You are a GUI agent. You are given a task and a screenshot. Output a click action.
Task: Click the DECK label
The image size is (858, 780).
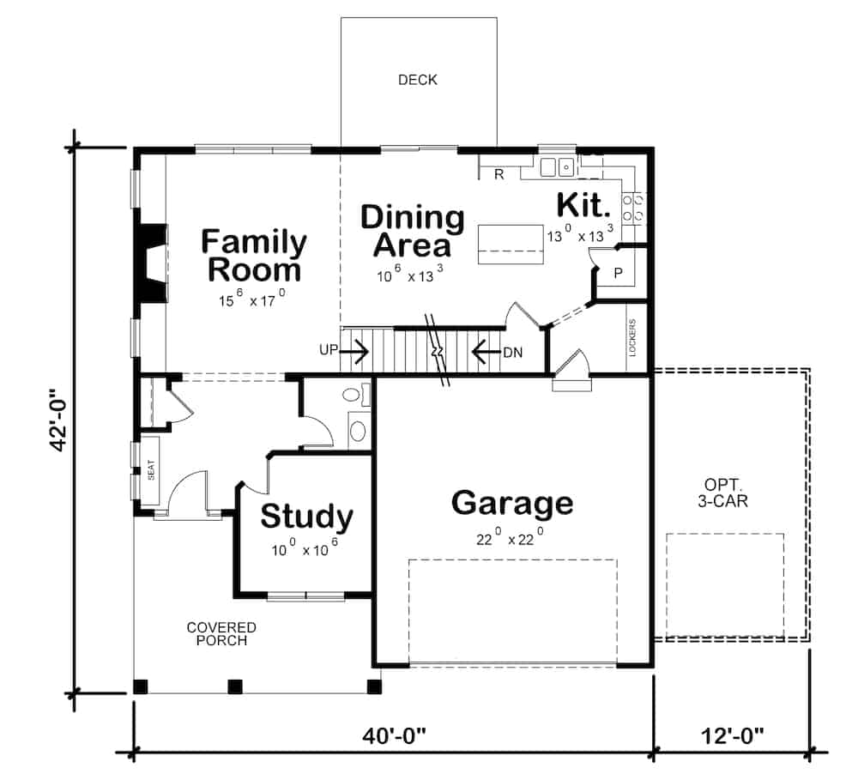418,80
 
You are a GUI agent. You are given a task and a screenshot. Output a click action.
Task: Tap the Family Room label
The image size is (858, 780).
253,256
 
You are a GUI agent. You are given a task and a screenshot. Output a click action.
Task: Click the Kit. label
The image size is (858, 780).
584,205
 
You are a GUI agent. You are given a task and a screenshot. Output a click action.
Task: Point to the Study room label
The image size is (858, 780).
306,517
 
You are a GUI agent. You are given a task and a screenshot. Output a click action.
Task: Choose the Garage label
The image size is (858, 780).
511,503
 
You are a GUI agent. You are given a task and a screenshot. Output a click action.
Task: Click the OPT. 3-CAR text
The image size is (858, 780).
722,493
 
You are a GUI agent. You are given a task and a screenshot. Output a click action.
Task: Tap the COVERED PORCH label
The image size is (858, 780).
221,634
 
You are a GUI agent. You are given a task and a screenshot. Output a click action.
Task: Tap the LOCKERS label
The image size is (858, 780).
633,337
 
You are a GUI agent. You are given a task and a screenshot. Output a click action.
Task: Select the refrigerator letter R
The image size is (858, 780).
498,175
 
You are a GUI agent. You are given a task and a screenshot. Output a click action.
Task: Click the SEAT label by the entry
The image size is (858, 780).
150,470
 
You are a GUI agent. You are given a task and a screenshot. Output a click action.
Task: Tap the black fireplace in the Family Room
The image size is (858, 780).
150,263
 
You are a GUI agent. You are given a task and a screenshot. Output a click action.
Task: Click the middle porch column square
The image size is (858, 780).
234,686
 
